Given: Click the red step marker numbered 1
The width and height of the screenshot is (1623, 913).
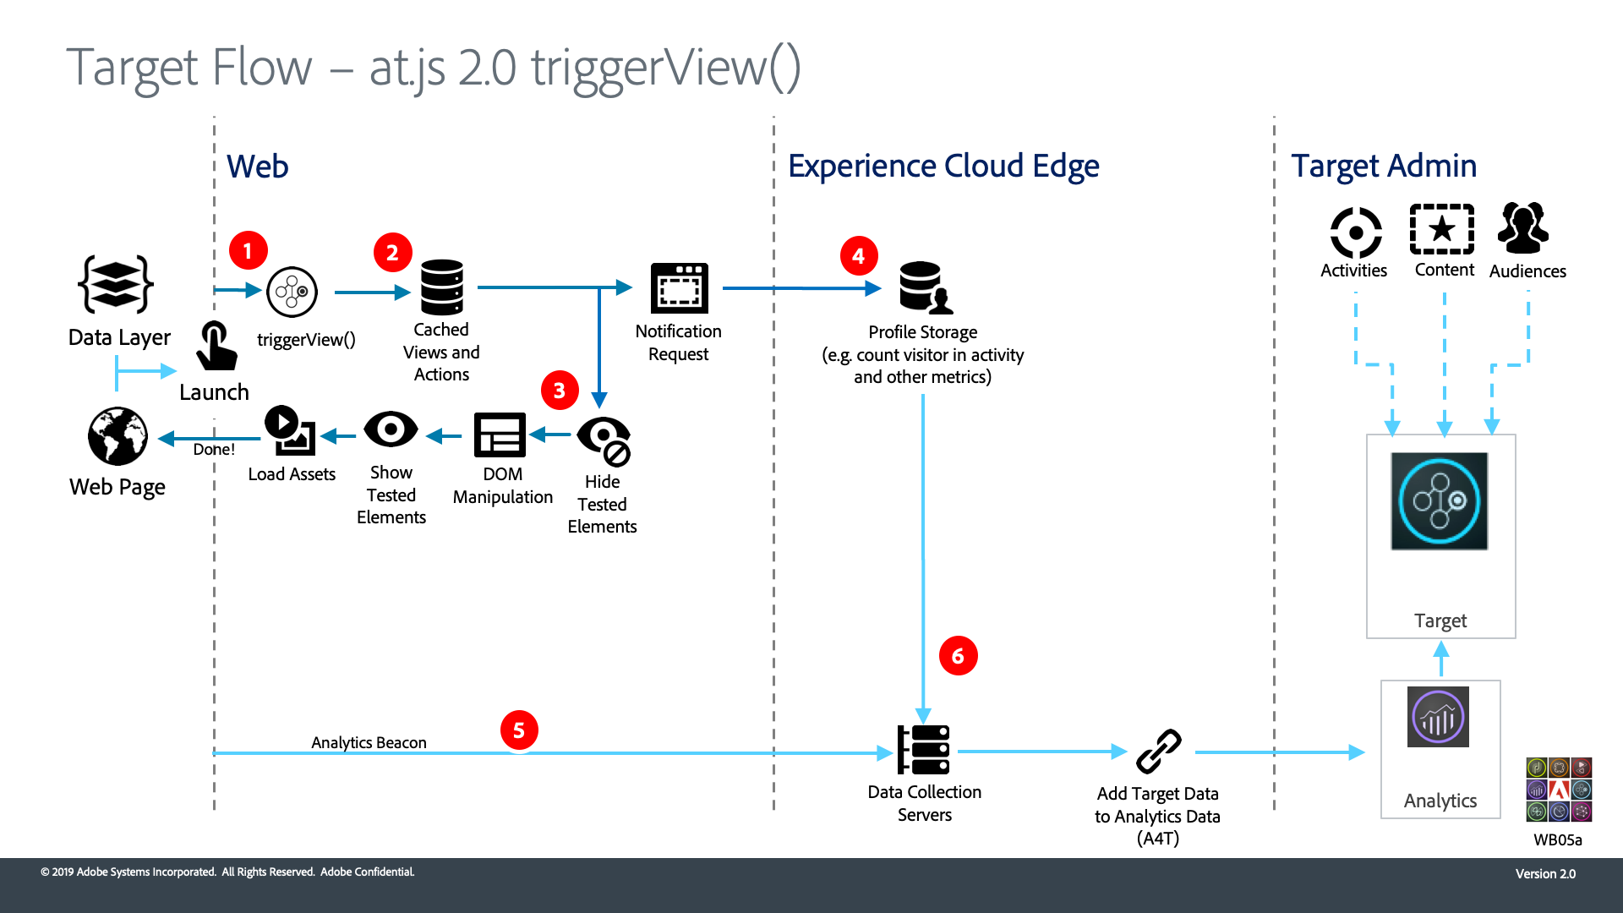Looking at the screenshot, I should [x=248, y=251].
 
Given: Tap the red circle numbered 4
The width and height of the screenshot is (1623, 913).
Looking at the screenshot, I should [x=859, y=256].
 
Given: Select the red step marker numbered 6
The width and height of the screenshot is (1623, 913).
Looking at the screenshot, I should [x=958, y=656].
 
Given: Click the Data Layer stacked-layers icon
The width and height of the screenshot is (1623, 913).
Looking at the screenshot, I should [x=116, y=285].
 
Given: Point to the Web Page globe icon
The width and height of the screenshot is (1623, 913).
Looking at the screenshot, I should [x=117, y=436].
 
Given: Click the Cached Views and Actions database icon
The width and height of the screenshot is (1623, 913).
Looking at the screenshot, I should [x=442, y=287].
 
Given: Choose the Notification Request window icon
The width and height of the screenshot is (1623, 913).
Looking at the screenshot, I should [x=679, y=288].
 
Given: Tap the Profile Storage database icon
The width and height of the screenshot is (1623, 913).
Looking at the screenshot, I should [x=924, y=287].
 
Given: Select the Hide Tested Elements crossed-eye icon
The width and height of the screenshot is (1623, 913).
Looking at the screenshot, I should [x=604, y=440].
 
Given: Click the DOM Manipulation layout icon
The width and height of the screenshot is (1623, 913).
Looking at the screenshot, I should [x=500, y=435].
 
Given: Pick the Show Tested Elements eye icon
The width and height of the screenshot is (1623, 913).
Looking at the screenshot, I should [x=391, y=429].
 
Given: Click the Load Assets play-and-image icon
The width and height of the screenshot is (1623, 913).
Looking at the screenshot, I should [x=290, y=430].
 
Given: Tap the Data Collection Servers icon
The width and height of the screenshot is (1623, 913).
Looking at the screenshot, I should [x=924, y=750].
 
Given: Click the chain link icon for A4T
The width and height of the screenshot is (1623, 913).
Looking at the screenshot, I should [x=1158, y=751].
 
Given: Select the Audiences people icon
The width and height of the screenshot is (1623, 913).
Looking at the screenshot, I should [x=1523, y=228].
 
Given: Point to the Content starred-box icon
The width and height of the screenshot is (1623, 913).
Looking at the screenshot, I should [x=1442, y=229].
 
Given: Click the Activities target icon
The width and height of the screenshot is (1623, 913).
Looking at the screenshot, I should [x=1356, y=232].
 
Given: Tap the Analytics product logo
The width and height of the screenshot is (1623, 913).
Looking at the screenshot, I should [x=1438, y=718].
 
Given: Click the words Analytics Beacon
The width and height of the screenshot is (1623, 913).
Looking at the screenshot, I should [x=369, y=742].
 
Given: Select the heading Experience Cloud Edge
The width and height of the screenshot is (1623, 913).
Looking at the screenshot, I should [x=943, y=167].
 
